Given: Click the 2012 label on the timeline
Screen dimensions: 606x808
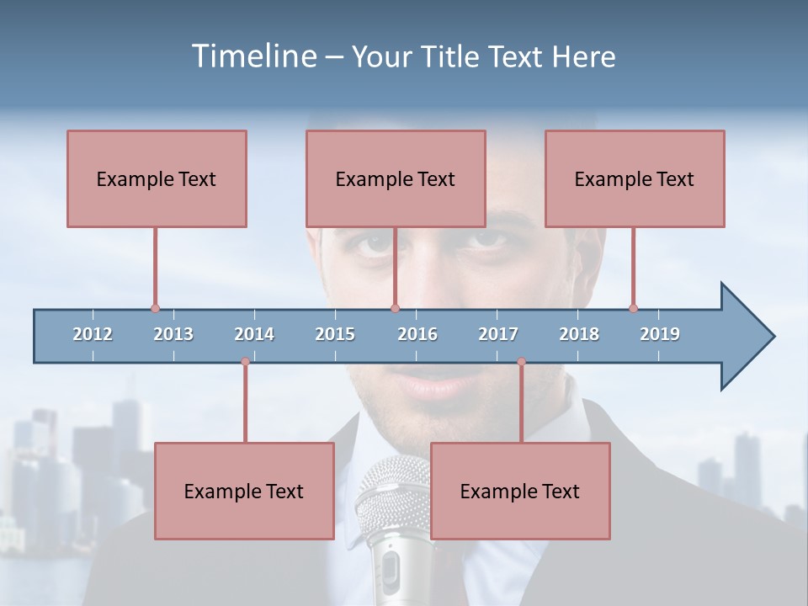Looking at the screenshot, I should (93, 334).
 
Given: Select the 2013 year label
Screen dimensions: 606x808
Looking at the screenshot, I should (173, 334).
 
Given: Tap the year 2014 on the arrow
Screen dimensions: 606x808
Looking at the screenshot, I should (254, 334).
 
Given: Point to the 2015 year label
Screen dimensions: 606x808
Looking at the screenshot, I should (335, 334).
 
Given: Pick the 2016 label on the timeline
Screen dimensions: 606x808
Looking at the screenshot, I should (417, 334).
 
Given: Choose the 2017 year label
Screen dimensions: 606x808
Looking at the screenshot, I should (498, 334).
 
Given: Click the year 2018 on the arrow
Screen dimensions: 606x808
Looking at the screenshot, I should (579, 334).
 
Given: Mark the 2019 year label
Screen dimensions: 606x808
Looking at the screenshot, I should (660, 334).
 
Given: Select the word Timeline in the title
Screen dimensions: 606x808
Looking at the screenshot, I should (252, 56).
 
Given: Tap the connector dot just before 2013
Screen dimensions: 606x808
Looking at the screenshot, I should (155, 309).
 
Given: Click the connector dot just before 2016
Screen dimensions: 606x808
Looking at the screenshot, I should (395, 309).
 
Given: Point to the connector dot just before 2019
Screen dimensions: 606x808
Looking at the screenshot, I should (633, 309).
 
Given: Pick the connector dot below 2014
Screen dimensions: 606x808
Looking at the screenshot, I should (245, 362).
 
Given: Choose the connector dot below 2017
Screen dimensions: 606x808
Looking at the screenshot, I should (521, 362).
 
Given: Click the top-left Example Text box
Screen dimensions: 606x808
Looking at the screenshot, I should (157, 179).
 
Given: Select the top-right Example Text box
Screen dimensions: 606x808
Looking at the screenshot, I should (635, 179).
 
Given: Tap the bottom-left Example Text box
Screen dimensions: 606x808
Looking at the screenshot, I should (244, 492).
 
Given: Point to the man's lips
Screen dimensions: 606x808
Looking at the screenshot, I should (438, 385).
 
